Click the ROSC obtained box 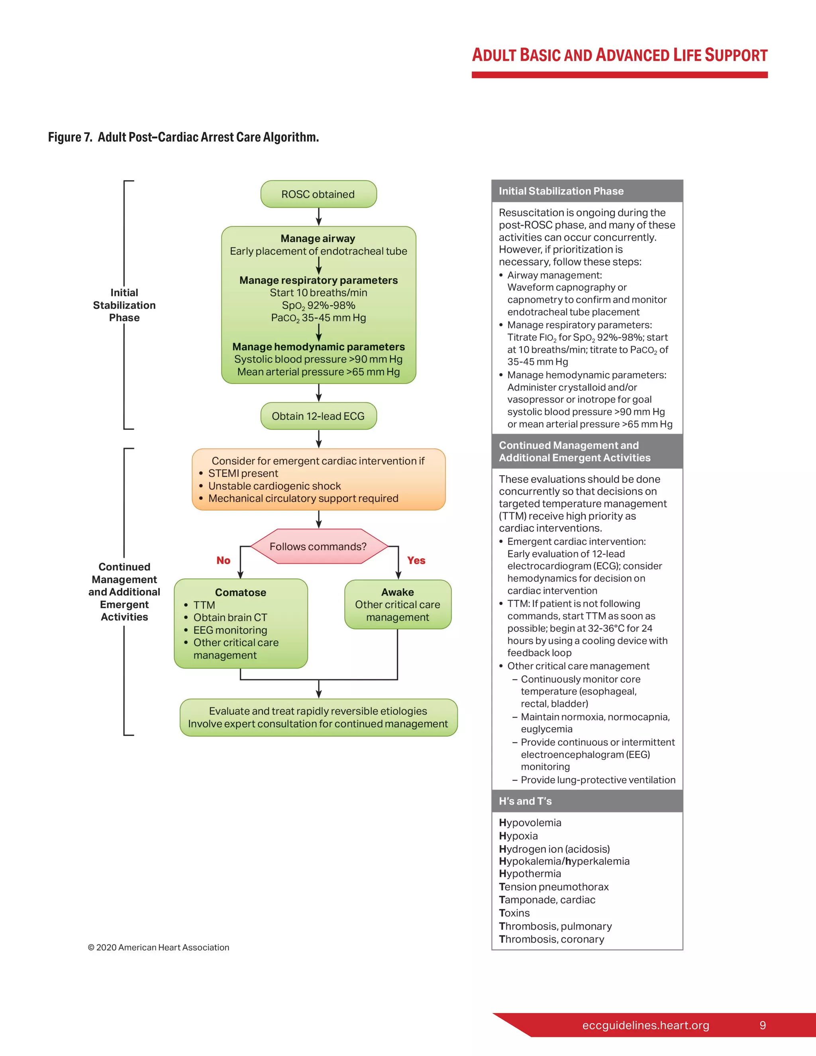tap(318, 194)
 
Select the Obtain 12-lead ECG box tap(318, 416)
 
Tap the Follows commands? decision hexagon tap(318, 546)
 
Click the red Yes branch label tap(416, 560)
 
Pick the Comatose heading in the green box tap(240, 592)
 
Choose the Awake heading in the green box tap(397, 592)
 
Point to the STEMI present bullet tap(243, 473)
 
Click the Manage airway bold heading tap(318, 238)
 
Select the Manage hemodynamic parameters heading tap(318, 347)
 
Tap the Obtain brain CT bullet tap(230, 617)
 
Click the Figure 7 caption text tap(183, 137)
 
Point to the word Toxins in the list tap(514, 913)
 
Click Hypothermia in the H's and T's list tap(530, 873)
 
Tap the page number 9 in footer tap(762, 1025)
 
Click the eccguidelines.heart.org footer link tap(645, 1025)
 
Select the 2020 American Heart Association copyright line tap(159, 947)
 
